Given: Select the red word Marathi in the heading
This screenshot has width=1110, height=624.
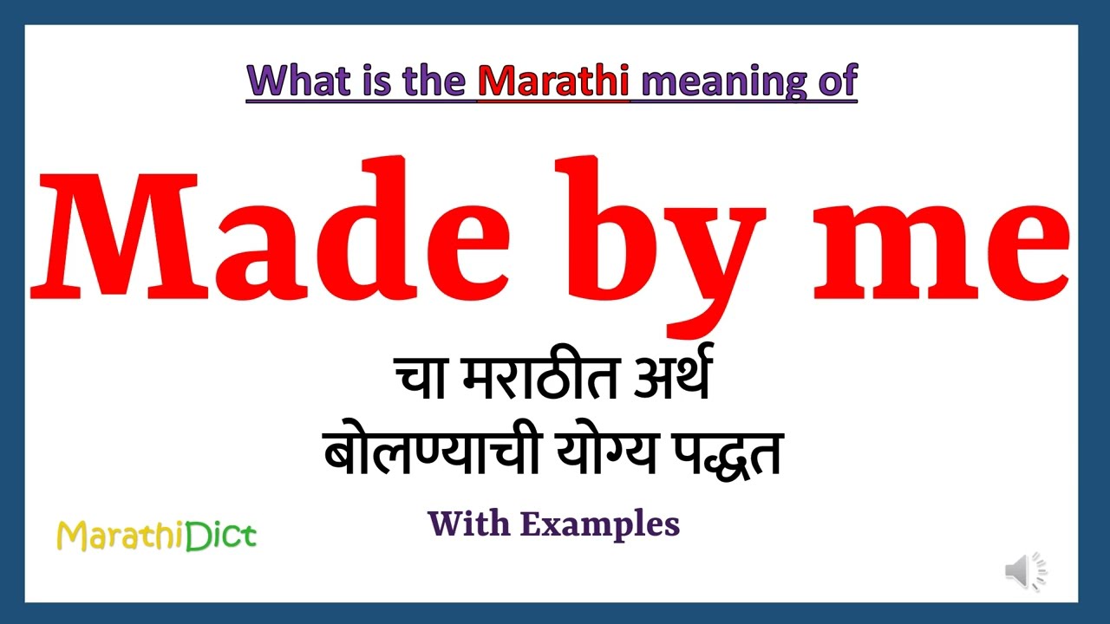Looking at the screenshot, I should click(553, 81).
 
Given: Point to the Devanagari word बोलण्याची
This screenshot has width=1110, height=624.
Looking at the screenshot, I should click(425, 453).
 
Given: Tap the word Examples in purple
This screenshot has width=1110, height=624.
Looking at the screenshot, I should click(600, 524).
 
